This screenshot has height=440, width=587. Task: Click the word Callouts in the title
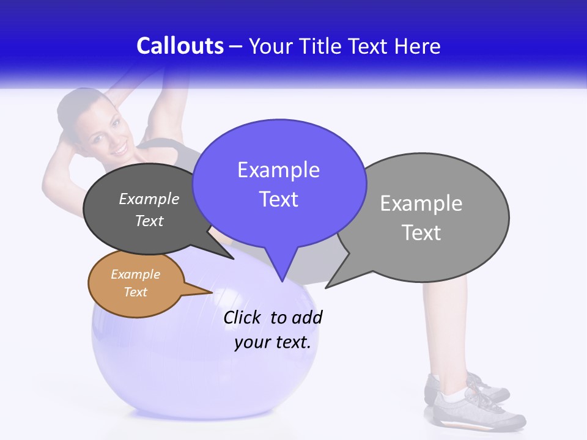point(180,46)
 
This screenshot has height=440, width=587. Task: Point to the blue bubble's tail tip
point(282,280)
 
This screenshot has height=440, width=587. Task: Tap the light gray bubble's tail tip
point(327,287)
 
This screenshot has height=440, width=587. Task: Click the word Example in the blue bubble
point(278,170)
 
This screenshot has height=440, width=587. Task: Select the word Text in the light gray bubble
point(421,233)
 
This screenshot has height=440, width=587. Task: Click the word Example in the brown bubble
point(135,274)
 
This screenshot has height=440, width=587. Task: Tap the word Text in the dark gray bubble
point(149,221)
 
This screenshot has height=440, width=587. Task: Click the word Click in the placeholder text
point(242,318)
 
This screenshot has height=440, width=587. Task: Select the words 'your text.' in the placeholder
point(273,342)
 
